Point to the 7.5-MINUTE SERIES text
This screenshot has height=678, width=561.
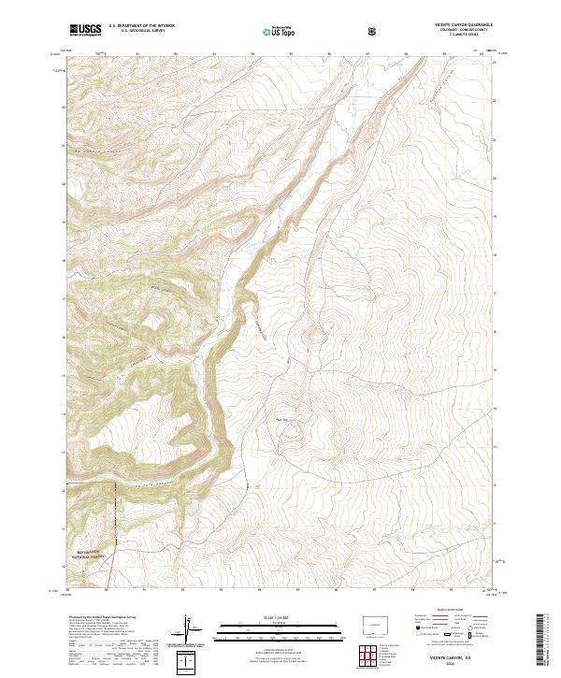coord(450,36)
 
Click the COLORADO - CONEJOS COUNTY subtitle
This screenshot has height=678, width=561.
coord(450,31)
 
